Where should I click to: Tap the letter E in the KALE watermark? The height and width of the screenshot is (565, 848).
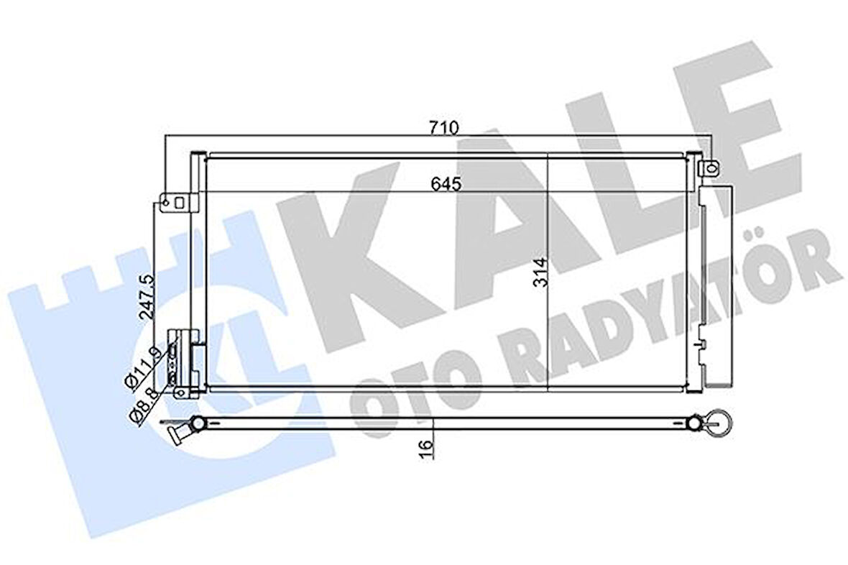click(x=726, y=108)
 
